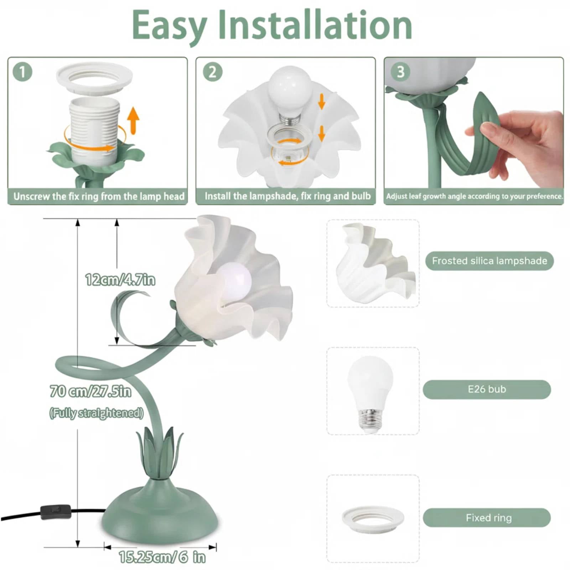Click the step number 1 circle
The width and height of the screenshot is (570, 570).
22,72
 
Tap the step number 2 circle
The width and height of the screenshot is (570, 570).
213,72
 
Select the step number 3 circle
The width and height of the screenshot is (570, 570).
400,72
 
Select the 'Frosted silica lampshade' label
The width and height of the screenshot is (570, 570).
489,261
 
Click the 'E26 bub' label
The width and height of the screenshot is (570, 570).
487,389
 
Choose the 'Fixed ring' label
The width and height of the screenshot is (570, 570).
487,518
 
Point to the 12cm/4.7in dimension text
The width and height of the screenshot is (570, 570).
120,280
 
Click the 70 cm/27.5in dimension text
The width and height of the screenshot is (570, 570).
90,391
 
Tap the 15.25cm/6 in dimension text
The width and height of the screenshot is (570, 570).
162,557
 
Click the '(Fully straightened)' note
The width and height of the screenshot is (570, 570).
96,413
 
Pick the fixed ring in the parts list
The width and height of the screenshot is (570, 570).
373,519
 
